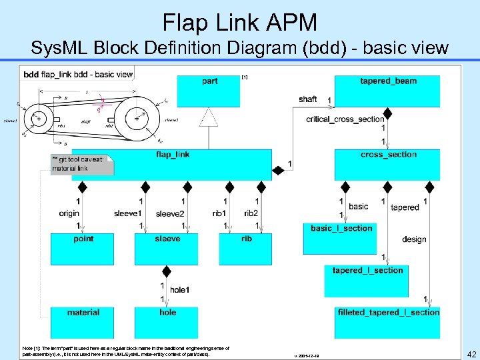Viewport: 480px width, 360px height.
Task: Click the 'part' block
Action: (x=210, y=91)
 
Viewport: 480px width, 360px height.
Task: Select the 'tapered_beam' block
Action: (x=387, y=91)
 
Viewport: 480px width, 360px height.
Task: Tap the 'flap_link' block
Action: (x=172, y=164)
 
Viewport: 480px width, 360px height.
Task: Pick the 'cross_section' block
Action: (x=387, y=164)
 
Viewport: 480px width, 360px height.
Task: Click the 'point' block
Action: (x=83, y=249)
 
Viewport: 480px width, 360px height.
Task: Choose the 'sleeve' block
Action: (x=167, y=249)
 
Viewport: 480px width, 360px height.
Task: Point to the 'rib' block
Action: (x=246, y=249)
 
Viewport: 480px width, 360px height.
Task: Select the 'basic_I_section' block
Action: (x=341, y=234)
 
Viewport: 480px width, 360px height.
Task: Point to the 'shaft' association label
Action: (x=308, y=99)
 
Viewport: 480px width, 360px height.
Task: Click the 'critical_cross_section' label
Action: (x=345, y=119)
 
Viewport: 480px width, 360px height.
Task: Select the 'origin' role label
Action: (x=69, y=213)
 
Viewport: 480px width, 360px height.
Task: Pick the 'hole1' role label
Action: (x=179, y=290)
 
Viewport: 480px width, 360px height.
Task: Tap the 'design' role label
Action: (x=414, y=239)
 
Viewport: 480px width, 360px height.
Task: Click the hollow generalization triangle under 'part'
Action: (x=210, y=118)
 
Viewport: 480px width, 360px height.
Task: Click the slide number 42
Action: (x=471, y=354)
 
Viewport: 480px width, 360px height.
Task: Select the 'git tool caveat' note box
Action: (x=82, y=164)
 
